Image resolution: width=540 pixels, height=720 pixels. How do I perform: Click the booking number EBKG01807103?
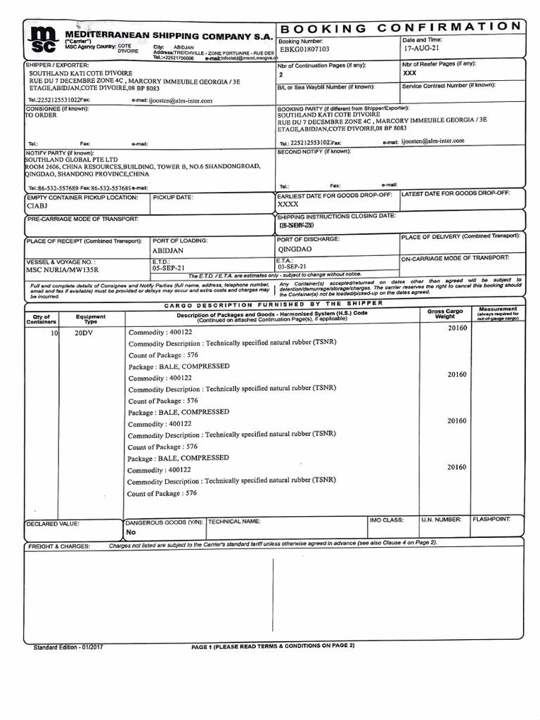[x=304, y=50]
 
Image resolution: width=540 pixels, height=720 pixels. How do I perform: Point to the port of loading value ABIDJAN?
[x=168, y=250]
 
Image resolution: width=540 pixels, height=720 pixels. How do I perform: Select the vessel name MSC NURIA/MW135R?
[x=62, y=269]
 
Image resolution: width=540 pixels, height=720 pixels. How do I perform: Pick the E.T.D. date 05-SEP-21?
[x=169, y=268]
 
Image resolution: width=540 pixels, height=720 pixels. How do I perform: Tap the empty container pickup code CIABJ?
[x=37, y=207]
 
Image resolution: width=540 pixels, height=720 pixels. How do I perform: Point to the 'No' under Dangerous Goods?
[x=131, y=532]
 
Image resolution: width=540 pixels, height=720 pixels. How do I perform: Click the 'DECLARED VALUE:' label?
[x=53, y=524]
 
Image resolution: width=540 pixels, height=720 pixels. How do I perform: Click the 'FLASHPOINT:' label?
[x=496, y=520]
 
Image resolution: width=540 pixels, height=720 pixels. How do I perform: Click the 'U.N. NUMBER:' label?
[x=441, y=520]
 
